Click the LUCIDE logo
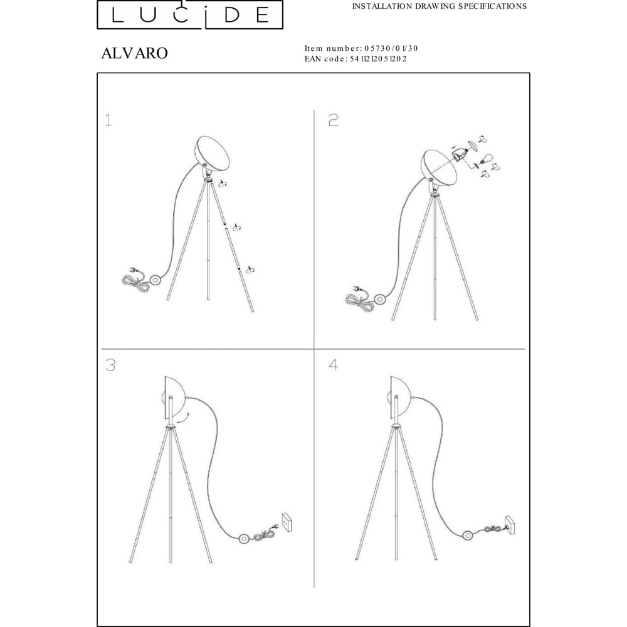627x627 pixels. coord(190,14)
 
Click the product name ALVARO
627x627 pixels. coord(134,53)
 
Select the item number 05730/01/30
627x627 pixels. coord(391,48)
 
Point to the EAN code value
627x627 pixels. coord(378,59)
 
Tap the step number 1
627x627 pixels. coord(108,120)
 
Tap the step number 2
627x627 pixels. coord(333,120)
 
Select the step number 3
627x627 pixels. coord(110,365)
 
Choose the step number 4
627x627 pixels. coord(333,365)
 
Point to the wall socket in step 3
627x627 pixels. coord(287,522)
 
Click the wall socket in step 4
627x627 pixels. coord(510,525)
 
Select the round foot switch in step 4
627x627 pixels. coord(468,535)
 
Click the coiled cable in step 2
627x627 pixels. coord(360,302)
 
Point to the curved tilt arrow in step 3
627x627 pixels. coord(183,418)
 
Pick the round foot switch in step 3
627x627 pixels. coord(244,539)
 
